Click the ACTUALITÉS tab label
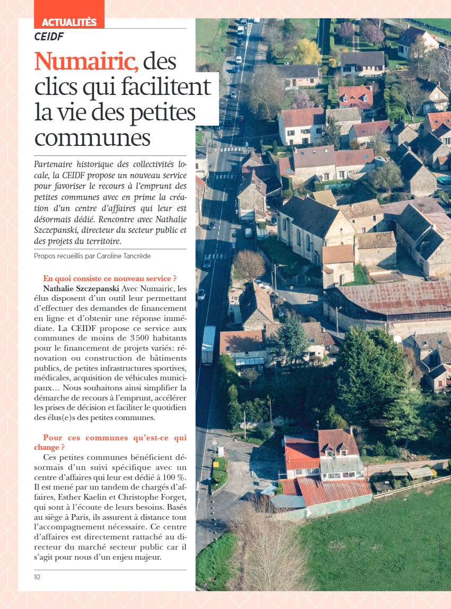coord(69,22)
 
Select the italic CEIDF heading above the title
coord(49,37)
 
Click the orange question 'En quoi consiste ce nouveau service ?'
coord(110,279)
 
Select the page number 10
coord(37,577)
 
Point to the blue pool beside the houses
coord(444,180)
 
